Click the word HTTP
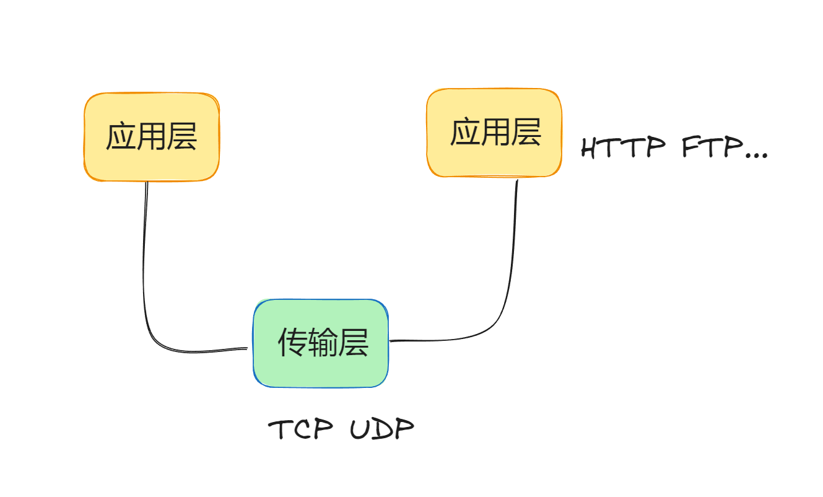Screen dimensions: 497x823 [623, 148]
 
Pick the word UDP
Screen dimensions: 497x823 [381, 429]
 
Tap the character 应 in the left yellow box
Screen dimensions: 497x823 [121, 137]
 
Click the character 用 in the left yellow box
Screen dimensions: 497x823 [152, 137]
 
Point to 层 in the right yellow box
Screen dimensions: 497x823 [526, 132]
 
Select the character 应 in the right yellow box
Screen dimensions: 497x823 [465, 132]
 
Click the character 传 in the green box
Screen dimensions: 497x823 [292, 343]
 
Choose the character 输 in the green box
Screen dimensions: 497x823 [323, 343]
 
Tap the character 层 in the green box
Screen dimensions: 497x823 [353, 343]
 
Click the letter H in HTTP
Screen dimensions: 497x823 [593, 148]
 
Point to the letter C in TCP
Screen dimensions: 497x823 [302, 429]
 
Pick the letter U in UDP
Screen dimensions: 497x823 [359, 429]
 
